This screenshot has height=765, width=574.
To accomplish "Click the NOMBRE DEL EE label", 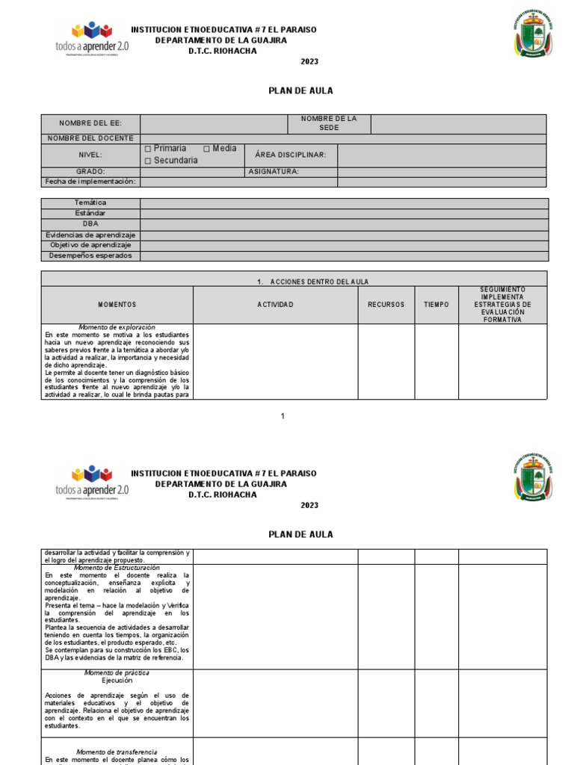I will [x=90, y=123].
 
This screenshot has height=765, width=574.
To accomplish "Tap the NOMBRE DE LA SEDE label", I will [x=329, y=123].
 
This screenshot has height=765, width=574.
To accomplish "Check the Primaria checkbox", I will [x=148, y=149].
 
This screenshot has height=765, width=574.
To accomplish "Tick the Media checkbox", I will [x=207, y=149].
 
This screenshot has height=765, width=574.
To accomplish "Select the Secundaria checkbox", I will [x=148, y=161].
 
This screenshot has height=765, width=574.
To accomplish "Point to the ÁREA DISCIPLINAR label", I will [x=291, y=155].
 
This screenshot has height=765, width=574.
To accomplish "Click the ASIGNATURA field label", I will [x=274, y=172].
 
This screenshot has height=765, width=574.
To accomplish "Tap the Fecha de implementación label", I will [x=90, y=182].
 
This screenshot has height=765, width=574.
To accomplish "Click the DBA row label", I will [x=90, y=224].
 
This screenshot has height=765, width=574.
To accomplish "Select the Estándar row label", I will [x=90, y=214].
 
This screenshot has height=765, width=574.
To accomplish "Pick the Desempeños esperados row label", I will [x=90, y=255].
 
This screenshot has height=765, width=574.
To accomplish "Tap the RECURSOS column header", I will [x=386, y=305].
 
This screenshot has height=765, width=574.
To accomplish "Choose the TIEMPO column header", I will [x=436, y=305].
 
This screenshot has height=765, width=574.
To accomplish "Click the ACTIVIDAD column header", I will [x=275, y=305].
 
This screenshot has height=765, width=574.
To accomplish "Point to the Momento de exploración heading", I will [x=117, y=327].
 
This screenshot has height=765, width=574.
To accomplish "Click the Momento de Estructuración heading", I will [x=117, y=568].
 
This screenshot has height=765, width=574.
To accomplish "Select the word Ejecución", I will [x=117, y=681].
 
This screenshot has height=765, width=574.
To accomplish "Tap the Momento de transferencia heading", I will [x=117, y=752].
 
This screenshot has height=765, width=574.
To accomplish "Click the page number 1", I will [x=283, y=416].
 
